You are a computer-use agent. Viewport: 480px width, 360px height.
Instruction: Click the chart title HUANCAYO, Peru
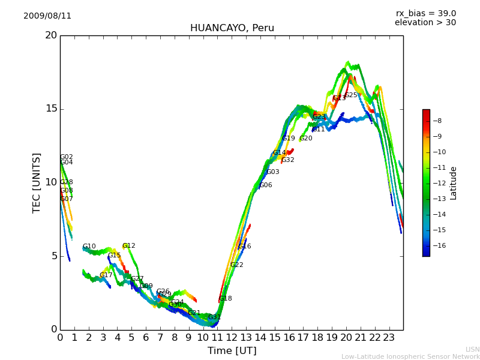click(232, 28)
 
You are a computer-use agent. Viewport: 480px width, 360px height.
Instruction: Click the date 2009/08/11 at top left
click(47, 16)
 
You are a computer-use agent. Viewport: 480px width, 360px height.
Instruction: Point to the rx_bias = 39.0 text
click(425, 14)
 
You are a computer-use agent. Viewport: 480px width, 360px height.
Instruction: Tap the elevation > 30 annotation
click(425, 23)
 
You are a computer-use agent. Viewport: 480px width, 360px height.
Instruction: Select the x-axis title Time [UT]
click(232, 351)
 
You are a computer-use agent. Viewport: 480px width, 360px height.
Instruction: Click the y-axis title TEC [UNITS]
click(37, 182)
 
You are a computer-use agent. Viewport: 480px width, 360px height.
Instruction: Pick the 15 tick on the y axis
click(50, 109)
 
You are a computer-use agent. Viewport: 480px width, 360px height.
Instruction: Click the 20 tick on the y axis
click(50, 35)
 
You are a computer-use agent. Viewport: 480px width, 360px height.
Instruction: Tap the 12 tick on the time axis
click(232, 338)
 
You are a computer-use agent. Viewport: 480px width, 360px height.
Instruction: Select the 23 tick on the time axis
click(389, 338)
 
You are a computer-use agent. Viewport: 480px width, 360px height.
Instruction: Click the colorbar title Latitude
click(454, 183)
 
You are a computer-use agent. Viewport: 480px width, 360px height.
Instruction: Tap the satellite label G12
click(129, 246)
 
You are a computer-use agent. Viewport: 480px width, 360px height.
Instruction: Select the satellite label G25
click(351, 95)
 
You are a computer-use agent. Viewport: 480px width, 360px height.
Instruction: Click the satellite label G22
click(237, 265)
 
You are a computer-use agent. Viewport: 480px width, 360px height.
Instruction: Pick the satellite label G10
click(89, 247)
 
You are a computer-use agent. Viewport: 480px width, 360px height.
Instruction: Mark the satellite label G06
click(266, 185)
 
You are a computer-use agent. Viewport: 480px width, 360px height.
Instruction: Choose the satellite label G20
click(306, 139)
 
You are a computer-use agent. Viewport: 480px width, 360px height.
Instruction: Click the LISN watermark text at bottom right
click(472, 349)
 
